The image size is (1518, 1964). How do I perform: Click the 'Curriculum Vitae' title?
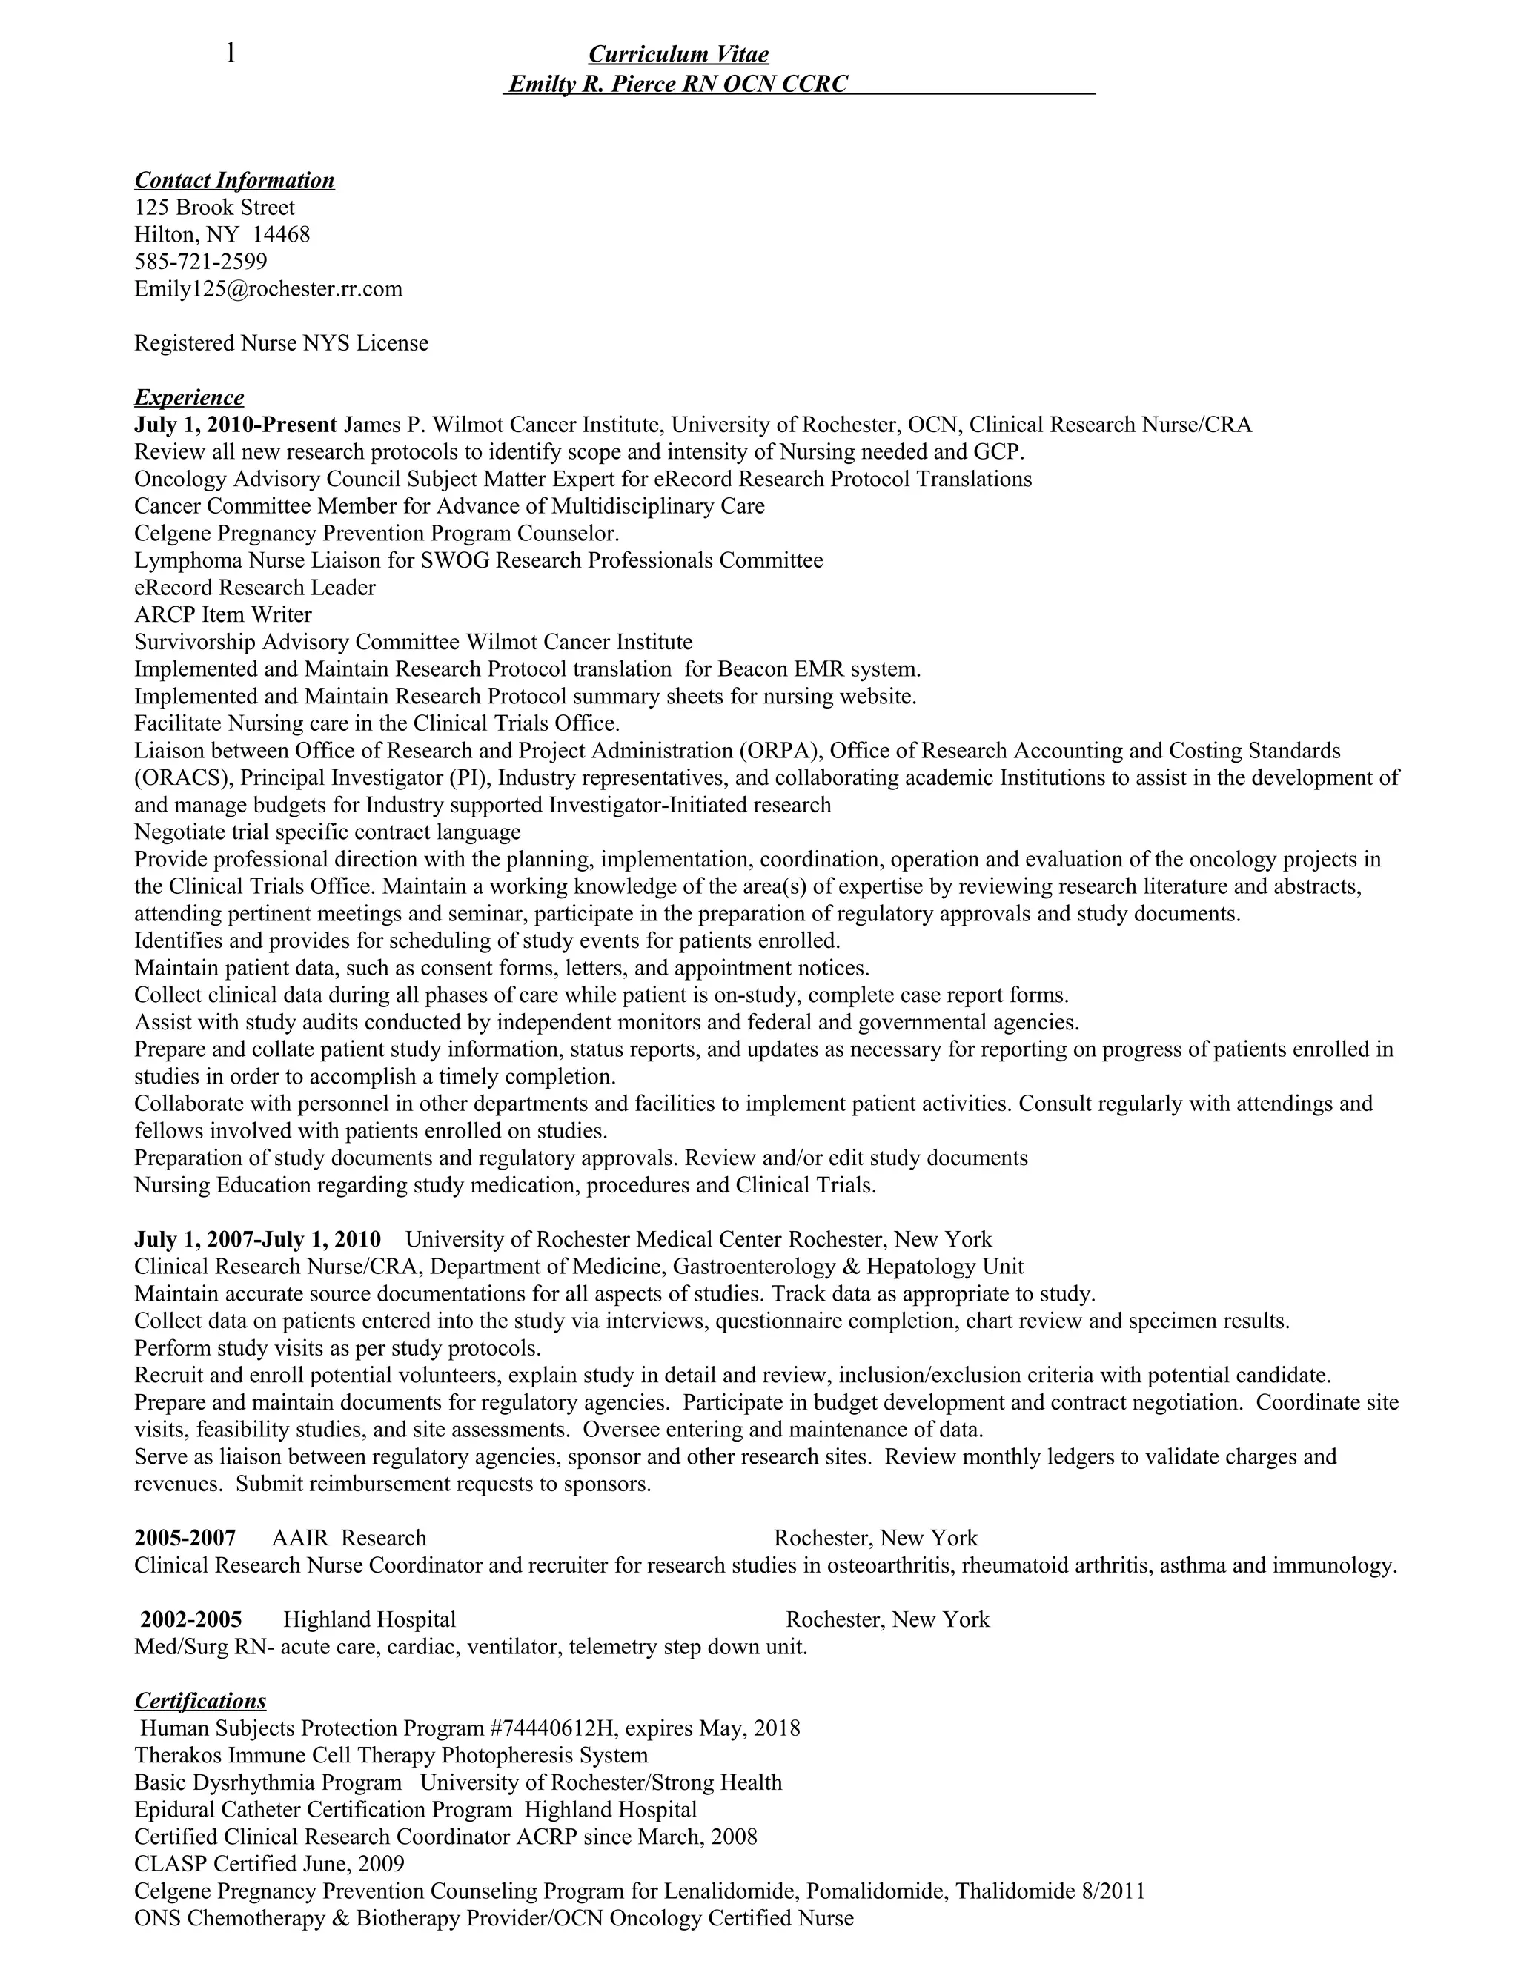click(678, 55)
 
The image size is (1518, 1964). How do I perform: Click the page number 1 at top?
click(231, 54)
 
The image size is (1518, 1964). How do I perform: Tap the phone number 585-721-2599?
click(201, 262)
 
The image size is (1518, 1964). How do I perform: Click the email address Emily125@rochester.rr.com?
click(268, 288)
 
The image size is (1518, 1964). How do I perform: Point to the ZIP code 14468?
click(281, 235)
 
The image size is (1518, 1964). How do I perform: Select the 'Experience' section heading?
click(189, 397)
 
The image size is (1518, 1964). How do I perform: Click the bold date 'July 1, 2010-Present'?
click(236, 425)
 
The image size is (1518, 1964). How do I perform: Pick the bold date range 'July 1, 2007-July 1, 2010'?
click(257, 1239)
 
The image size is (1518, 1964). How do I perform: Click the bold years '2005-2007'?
click(185, 1538)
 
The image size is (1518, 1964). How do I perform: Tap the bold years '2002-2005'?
click(190, 1619)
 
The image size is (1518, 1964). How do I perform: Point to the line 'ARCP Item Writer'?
click(223, 615)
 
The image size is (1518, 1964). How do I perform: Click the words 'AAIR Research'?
click(349, 1538)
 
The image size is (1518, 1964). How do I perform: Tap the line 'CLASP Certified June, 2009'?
click(269, 1864)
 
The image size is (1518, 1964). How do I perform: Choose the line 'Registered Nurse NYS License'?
click(281, 344)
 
